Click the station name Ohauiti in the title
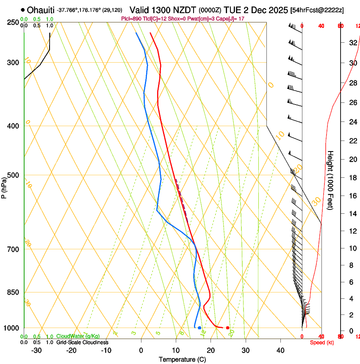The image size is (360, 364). (41, 10)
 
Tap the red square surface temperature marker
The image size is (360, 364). (228, 328)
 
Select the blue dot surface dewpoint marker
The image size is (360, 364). (199, 328)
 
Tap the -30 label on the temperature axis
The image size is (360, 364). (36, 350)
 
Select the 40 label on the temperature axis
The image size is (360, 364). (280, 350)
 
